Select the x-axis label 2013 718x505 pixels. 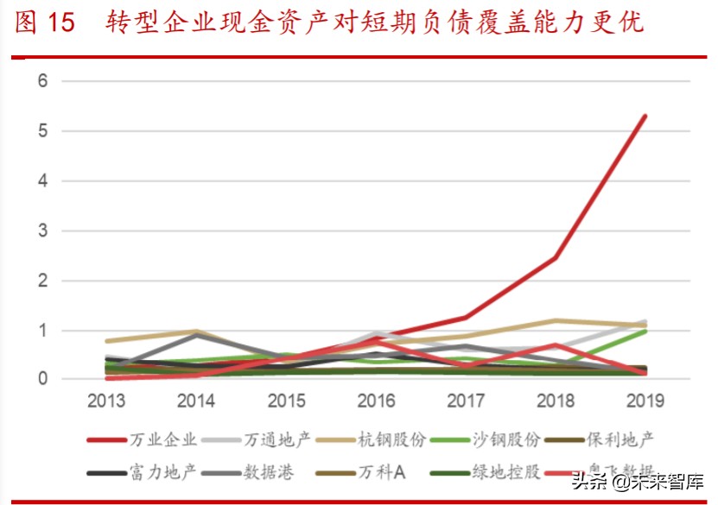point(106,401)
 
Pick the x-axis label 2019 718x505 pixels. point(645,401)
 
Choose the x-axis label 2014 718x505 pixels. point(196,401)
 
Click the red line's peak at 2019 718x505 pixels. point(645,116)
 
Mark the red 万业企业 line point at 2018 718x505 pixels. point(555,258)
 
